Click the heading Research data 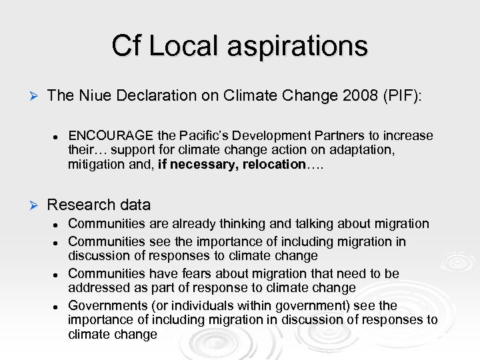click(x=99, y=204)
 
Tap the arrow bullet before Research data click(x=29, y=205)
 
